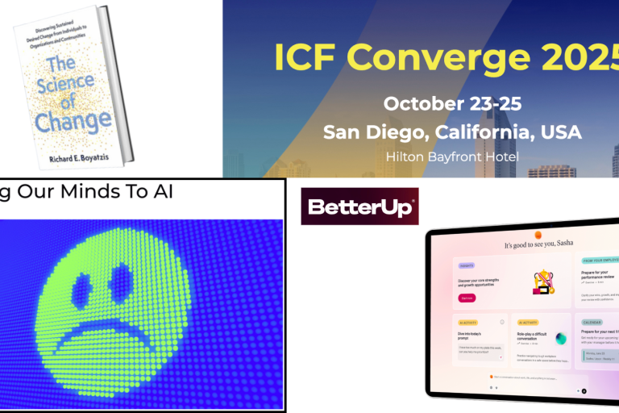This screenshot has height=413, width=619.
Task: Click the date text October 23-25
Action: coord(452,104)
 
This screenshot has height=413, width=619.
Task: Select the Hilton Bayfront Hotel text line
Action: coord(451,156)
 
